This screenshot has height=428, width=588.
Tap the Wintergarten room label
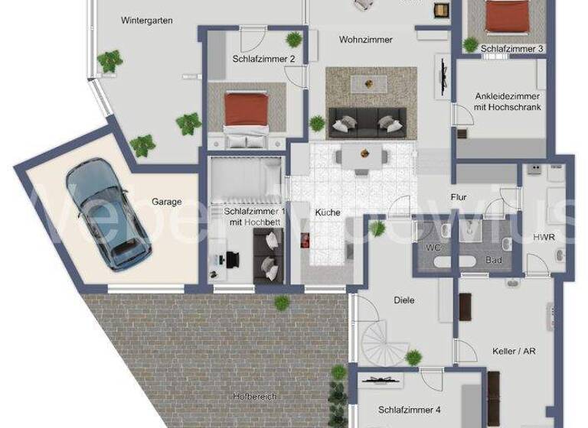point(147,21)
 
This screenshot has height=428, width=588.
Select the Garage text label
point(166,202)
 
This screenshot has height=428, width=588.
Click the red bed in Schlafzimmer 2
point(246,115)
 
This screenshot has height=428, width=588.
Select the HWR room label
point(544,238)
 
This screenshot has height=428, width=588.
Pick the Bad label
point(495,261)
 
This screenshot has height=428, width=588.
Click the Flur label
point(459,197)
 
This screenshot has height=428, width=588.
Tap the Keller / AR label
point(515,352)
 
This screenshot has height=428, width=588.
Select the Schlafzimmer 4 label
point(410,410)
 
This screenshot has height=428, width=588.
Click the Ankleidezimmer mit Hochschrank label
point(508,102)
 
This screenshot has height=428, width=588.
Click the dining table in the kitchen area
point(360,157)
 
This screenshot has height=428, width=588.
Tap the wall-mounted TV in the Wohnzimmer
point(442,76)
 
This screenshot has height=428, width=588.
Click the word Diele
point(403,300)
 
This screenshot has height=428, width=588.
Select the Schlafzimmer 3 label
point(512,49)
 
